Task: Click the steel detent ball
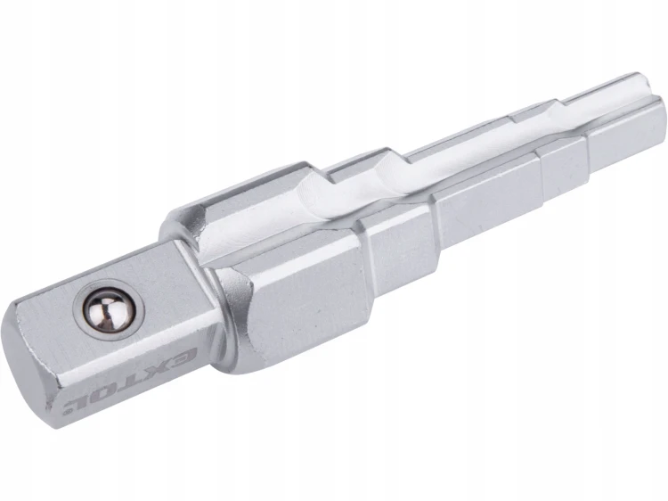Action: tap(109, 312)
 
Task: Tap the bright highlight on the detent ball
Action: tap(108, 305)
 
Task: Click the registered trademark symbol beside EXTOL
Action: tap(67, 411)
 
